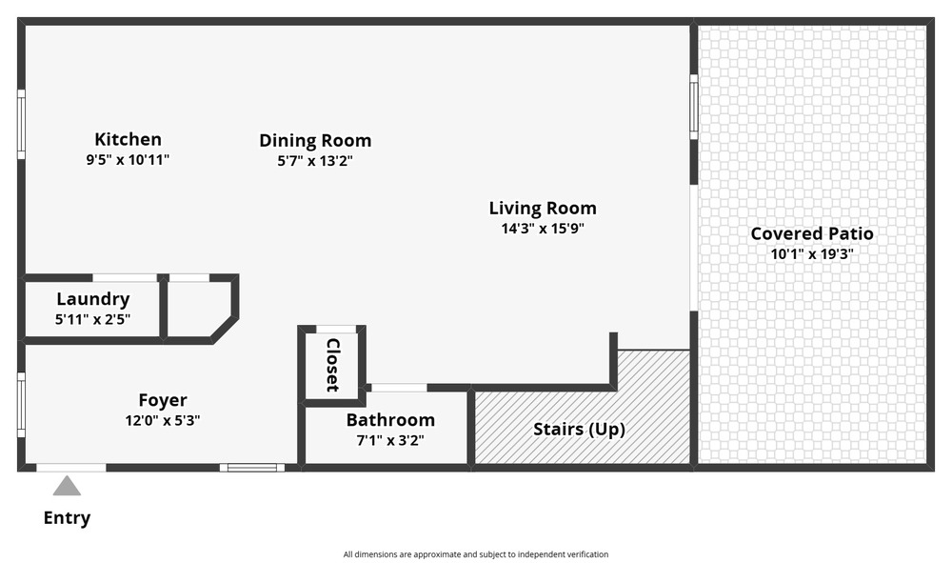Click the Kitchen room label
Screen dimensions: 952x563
point(129,139)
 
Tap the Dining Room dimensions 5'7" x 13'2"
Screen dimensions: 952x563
point(315,161)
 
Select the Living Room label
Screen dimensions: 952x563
point(543,209)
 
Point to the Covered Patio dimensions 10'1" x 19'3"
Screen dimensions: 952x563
point(812,253)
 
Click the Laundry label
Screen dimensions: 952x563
point(93,299)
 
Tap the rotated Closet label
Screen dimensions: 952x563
point(332,365)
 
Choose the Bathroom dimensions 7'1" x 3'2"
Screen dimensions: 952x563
point(390,440)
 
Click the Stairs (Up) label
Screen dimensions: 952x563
point(579,430)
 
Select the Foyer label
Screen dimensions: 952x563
point(163,400)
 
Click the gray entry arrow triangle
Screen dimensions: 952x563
point(67,487)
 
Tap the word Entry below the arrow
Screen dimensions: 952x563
point(67,518)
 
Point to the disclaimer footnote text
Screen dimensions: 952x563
point(476,554)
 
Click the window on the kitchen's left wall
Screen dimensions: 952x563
point(21,125)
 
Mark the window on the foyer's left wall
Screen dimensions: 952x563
point(21,405)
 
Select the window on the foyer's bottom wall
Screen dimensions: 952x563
point(252,468)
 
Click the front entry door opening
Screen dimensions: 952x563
point(71,468)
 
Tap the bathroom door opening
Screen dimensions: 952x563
point(399,388)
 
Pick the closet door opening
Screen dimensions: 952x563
point(336,330)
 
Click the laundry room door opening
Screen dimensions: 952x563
point(125,278)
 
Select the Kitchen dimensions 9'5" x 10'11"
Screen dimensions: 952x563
point(129,160)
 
